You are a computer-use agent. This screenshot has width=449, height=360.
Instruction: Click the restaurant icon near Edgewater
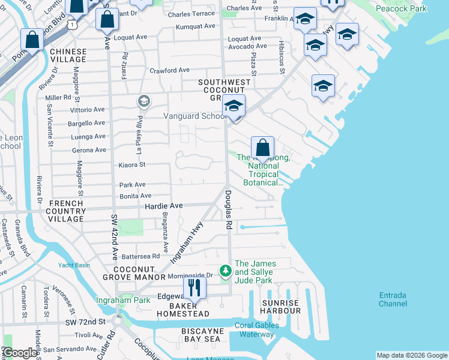click(x=194, y=287)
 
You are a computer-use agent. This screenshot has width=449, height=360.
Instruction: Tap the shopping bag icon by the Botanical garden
click(x=262, y=148)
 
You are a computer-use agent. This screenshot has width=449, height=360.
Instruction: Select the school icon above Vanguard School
click(x=233, y=107)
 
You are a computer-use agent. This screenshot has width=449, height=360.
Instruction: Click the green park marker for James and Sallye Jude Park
click(x=225, y=272)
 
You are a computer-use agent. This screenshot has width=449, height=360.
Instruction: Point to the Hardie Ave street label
click(x=163, y=205)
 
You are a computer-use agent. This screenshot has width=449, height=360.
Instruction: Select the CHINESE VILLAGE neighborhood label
click(x=68, y=56)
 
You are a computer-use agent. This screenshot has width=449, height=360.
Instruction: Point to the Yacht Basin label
click(x=74, y=265)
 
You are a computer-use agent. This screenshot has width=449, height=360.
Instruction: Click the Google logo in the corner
click(x=19, y=353)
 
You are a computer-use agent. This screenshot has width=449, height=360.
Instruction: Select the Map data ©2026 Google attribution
click(x=411, y=355)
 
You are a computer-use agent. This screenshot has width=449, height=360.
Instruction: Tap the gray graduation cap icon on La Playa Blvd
click(x=143, y=101)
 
